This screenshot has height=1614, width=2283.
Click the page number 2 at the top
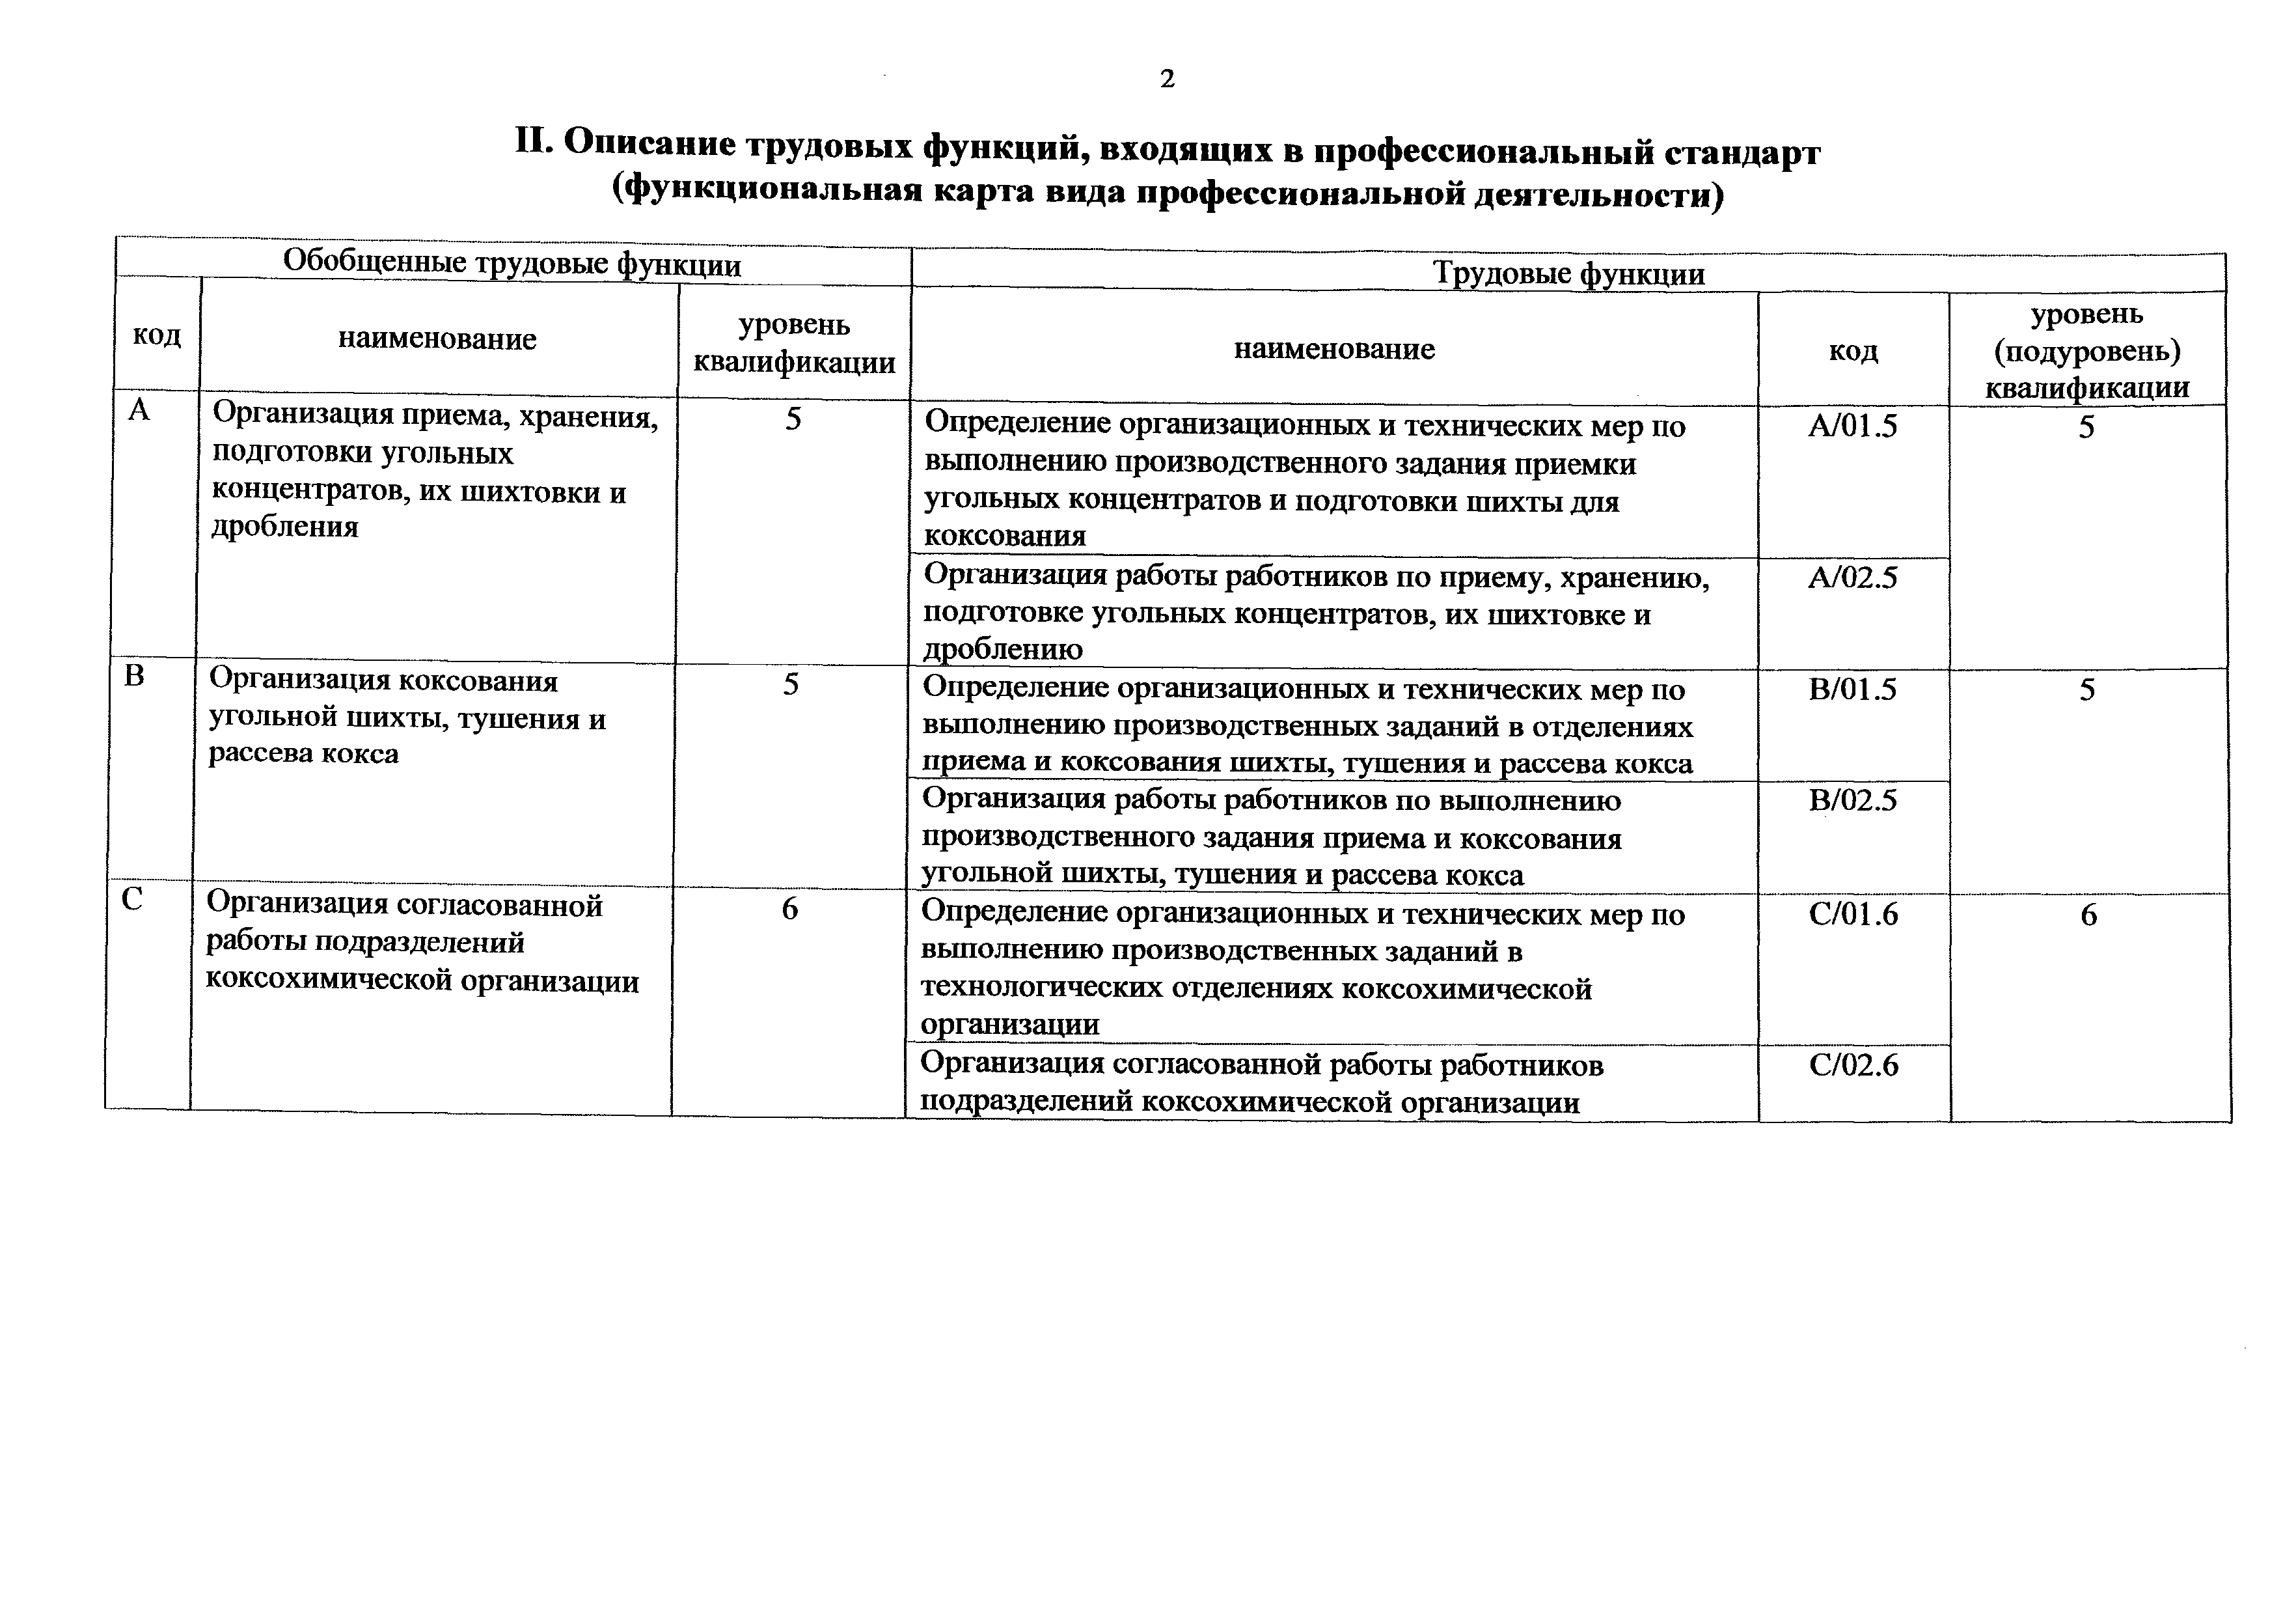1168,79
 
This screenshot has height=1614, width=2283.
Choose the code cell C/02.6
1853,1066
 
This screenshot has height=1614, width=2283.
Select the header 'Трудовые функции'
1568,273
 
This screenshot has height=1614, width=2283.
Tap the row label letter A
139,410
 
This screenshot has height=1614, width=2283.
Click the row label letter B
134,676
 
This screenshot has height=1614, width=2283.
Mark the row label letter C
132,900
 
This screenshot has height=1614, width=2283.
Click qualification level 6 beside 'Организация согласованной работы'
789,909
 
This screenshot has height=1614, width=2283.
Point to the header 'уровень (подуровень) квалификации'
2087,351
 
